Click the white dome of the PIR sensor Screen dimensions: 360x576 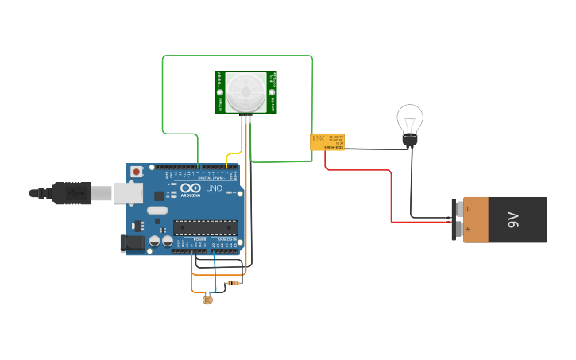pos(245,92)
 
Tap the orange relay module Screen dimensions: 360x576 pos(327,142)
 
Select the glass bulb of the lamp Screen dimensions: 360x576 pos(410,120)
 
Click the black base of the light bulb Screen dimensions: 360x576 pos(410,141)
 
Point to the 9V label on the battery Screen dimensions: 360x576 pos(513,219)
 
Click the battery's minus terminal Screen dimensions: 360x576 pos(458,208)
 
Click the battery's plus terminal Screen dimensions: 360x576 pos(458,230)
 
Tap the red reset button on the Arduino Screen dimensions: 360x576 pos(137,171)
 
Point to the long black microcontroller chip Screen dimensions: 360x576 pos(205,227)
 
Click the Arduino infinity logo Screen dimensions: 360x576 pos(191,188)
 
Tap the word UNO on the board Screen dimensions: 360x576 pos(215,189)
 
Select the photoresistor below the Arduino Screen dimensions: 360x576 pos(207,300)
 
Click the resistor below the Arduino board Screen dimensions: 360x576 pos(234,283)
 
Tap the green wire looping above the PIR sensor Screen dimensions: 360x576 pos(238,56)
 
